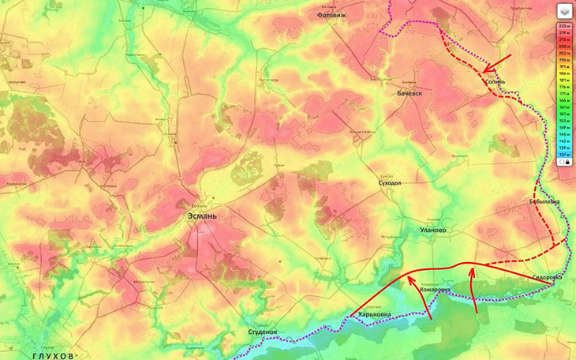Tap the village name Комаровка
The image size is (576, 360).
tap(436, 290)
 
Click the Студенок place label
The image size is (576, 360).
tap(263, 332)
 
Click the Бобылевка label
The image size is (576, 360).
tap(544, 202)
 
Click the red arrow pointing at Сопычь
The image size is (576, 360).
tap(497, 62)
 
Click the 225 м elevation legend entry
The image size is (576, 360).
tap(564, 26)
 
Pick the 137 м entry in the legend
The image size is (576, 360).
tap(564, 154)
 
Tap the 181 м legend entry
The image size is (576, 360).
tap(564, 81)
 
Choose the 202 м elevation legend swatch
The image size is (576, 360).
tap(564, 53)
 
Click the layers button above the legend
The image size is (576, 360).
tap(564, 11)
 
